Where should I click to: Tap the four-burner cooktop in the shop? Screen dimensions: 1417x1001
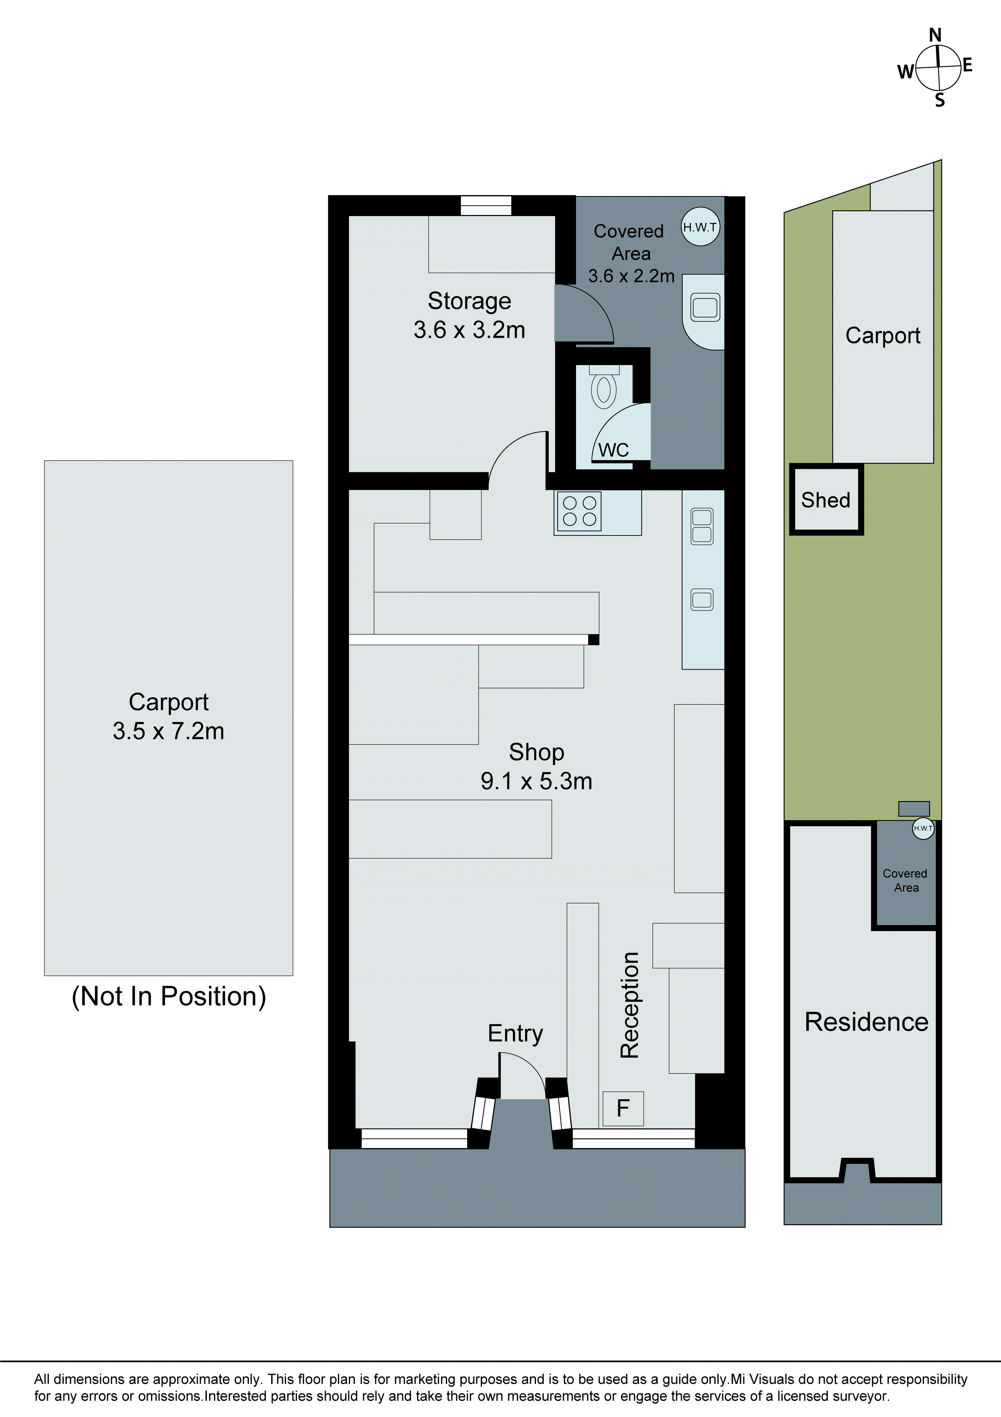[579, 511]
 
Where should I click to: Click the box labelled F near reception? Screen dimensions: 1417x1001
[623, 1108]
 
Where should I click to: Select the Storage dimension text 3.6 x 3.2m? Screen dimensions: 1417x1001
[469, 330]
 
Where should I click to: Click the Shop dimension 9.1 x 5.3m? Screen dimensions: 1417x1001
[536, 781]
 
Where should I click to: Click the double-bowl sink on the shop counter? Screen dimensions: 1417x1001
[702, 526]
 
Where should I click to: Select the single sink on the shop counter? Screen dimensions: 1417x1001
[702, 599]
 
